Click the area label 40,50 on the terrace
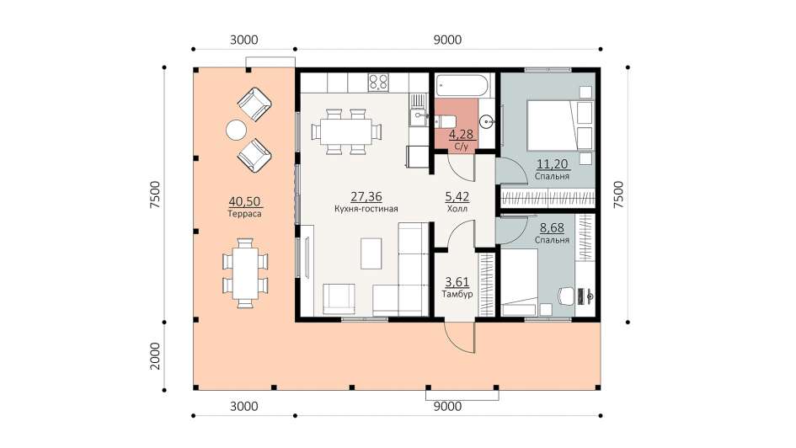pos(244,201)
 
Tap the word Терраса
pos(244,214)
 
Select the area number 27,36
pos(366,196)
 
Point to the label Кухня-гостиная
pos(366,209)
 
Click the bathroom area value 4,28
pos(461,135)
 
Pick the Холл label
pos(457,209)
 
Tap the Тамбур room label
pos(457,294)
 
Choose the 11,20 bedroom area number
pos(553,164)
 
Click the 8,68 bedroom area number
pos(552,228)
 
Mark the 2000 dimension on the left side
pos(155,356)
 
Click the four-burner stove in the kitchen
pos(378,83)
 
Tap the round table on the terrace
pos(236,130)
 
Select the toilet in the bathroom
pos(445,121)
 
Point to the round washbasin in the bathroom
pos(486,121)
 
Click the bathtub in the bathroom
pos(464,85)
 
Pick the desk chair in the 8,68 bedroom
pos(565,296)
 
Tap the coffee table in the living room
pos(371,253)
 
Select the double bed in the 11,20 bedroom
pos(553,125)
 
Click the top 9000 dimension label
pos(448,40)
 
